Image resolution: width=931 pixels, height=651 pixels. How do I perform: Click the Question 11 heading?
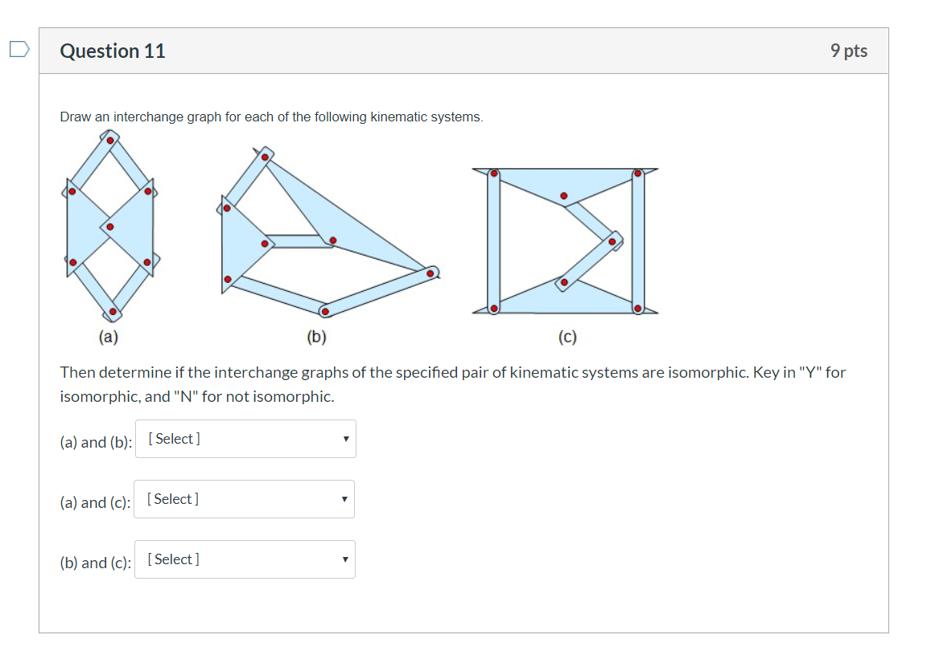pyautogui.click(x=113, y=51)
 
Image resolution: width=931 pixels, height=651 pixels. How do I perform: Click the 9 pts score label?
pyautogui.click(x=849, y=51)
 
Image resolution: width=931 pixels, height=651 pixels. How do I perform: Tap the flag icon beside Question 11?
pyautogui.click(x=19, y=51)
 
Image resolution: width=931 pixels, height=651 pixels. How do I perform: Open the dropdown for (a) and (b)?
pyautogui.click(x=245, y=439)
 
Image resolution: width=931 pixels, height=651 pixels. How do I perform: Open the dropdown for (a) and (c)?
pyautogui.click(x=244, y=499)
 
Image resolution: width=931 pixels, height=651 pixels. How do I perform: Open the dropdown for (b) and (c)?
pyautogui.click(x=245, y=559)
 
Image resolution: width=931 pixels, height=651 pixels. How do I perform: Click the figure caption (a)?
pyautogui.click(x=108, y=338)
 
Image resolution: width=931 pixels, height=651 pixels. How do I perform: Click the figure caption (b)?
pyautogui.click(x=316, y=338)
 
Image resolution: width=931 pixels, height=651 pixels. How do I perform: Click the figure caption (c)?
pyautogui.click(x=567, y=338)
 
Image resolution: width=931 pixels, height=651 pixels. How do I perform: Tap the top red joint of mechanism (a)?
pyautogui.click(x=110, y=140)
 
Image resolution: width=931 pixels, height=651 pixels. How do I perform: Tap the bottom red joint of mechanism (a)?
pyautogui.click(x=113, y=311)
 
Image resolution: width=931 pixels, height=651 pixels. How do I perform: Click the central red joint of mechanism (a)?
pyautogui.click(x=110, y=227)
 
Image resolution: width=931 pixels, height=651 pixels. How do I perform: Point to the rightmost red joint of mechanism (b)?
pyautogui.click(x=430, y=273)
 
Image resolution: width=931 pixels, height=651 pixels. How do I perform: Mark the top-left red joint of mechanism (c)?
pyautogui.click(x=494, y=173)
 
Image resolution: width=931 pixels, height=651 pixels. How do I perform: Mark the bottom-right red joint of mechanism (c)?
pyautogui.click(x=637, y=308)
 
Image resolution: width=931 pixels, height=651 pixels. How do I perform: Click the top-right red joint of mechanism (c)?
pyautogui.click(x=637, y=173)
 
